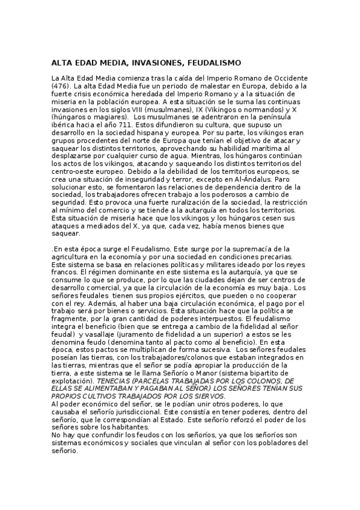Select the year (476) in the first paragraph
pos(60,87)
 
